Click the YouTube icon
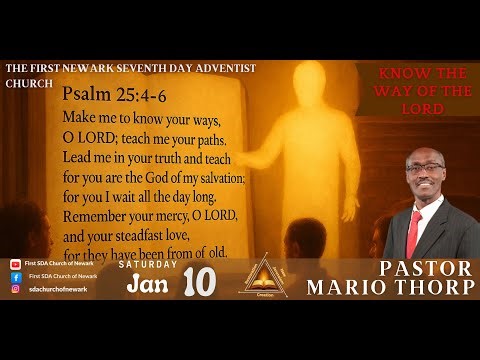pos(15,264)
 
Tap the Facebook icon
pos(15,276)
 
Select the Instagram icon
pos(15,289)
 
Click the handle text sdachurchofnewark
pos(57,289)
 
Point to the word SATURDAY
pos(147,265)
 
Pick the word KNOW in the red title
pos(393,76)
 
